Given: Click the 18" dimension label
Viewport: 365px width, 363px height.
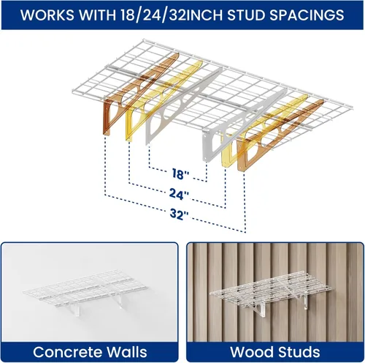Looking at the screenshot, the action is (x=180, y=173).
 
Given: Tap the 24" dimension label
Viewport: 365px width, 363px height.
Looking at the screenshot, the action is (x=179, y=194).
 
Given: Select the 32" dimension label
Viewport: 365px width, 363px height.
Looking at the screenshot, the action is (x=179, y=214).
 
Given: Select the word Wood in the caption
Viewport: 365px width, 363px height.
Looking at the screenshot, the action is (x=252, y=352).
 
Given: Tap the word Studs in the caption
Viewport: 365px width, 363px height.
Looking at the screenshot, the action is (x=299, y=352).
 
